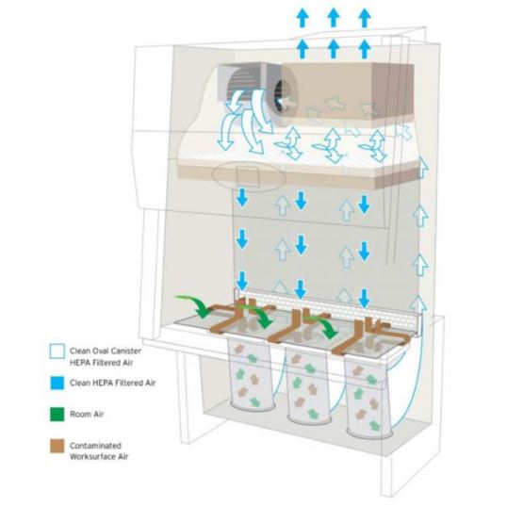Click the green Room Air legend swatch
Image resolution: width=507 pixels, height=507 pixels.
point(57,415)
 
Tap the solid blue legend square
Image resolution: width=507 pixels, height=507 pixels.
point(57,383)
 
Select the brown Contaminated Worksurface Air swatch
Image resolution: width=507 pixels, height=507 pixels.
point(57,446)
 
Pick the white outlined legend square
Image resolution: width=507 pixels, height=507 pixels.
point(57,352)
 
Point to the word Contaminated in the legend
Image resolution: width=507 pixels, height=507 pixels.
point(96,446)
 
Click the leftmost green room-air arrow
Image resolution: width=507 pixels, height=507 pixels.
point(193,306)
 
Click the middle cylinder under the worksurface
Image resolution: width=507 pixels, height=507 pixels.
point(308,384)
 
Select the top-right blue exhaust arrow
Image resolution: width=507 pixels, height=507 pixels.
point(365,18)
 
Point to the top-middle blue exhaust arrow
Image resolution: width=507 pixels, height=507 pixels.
point(334,18)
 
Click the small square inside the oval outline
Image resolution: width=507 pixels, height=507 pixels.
point(248,176)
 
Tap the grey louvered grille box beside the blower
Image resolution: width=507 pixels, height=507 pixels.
point(241,82)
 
